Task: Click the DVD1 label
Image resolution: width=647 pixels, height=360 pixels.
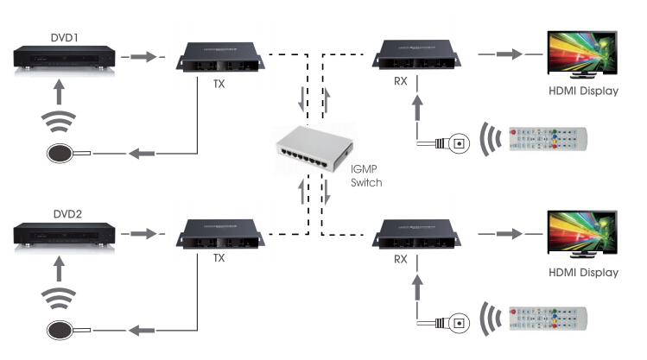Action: [65, 38]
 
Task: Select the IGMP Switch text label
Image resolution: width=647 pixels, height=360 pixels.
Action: [366, 175]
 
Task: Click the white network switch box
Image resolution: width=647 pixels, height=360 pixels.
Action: [314, 148]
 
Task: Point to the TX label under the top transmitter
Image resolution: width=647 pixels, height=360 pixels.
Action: [219, 84]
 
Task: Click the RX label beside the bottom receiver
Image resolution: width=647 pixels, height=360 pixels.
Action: [400, 259]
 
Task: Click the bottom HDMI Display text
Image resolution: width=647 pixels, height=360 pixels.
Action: [583, 273]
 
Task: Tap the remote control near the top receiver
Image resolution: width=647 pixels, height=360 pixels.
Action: [548, 139]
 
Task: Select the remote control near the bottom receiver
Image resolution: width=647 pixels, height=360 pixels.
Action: [548, 319]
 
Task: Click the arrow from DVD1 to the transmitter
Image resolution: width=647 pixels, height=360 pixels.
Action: [143, 56]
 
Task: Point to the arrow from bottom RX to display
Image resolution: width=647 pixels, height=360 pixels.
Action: [510, 234]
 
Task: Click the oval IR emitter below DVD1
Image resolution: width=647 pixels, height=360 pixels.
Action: [60, 154]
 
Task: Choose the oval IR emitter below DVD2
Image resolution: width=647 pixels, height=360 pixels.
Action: [60, 331]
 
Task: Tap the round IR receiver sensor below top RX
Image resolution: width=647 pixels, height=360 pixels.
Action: [459, 144]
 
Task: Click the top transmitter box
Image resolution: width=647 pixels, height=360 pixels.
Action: [220, 57]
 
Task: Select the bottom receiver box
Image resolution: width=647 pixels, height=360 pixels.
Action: [416, 234]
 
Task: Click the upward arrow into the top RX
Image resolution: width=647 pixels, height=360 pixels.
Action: [417, 107]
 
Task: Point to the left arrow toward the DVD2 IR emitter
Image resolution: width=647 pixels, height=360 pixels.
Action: [142, 331]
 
